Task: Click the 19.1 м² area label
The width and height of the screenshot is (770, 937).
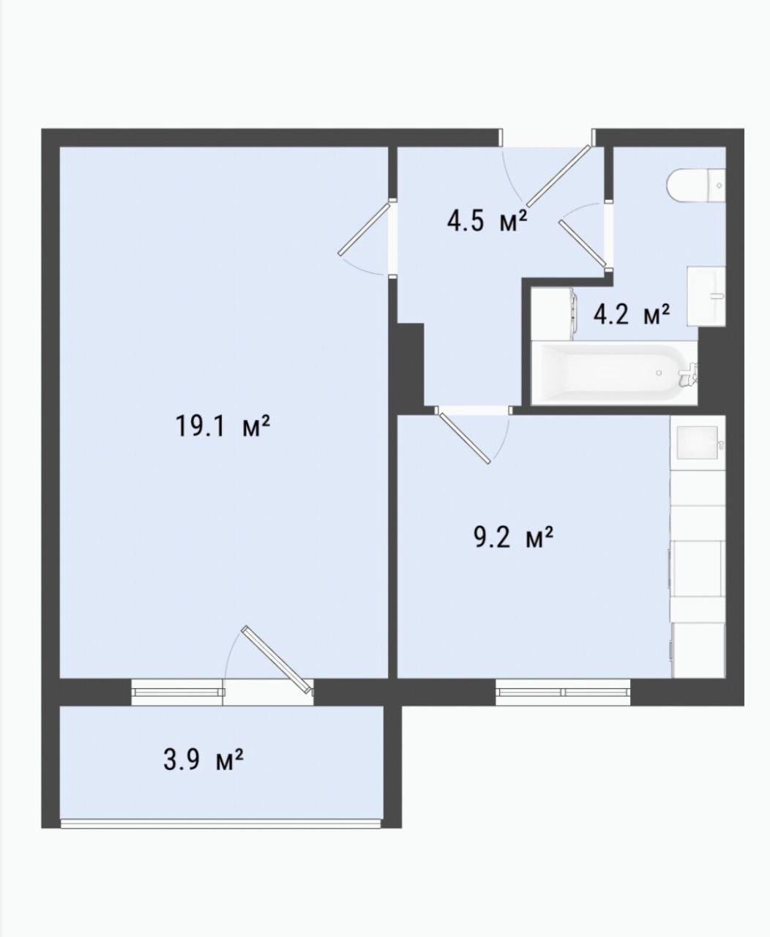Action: pyautogui.click(x=223, y=425)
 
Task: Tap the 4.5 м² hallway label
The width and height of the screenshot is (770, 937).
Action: pyautogui.click(x=487, y=220)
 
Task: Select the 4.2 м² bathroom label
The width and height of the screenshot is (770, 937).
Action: pyautogui.click(x=632, y=314)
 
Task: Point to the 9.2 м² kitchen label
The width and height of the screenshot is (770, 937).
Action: pyautogui.click(x=514, y=537)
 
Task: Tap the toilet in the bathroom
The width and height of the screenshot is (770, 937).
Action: pyautogui.click(x=696, y=184)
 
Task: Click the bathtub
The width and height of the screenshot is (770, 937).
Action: pyautogui.click(x=614, y=373)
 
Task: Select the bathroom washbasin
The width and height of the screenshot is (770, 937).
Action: pyautogui.click(x=706, y=296)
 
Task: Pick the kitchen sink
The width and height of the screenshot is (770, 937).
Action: pyautogui.click(x=698, y=442)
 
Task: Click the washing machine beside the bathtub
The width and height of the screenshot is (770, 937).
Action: pyautogui.click(x=553, y=314)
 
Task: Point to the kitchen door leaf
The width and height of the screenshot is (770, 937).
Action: pyautogui.click(x=463, y=437)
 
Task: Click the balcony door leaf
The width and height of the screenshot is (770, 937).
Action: pyautogui.click(x=277, y=665)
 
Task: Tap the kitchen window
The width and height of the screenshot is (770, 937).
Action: pyautogui.click(x=563, y=693)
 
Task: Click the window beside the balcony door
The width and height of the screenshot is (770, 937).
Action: pyautogui.click(x=177, y=693)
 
